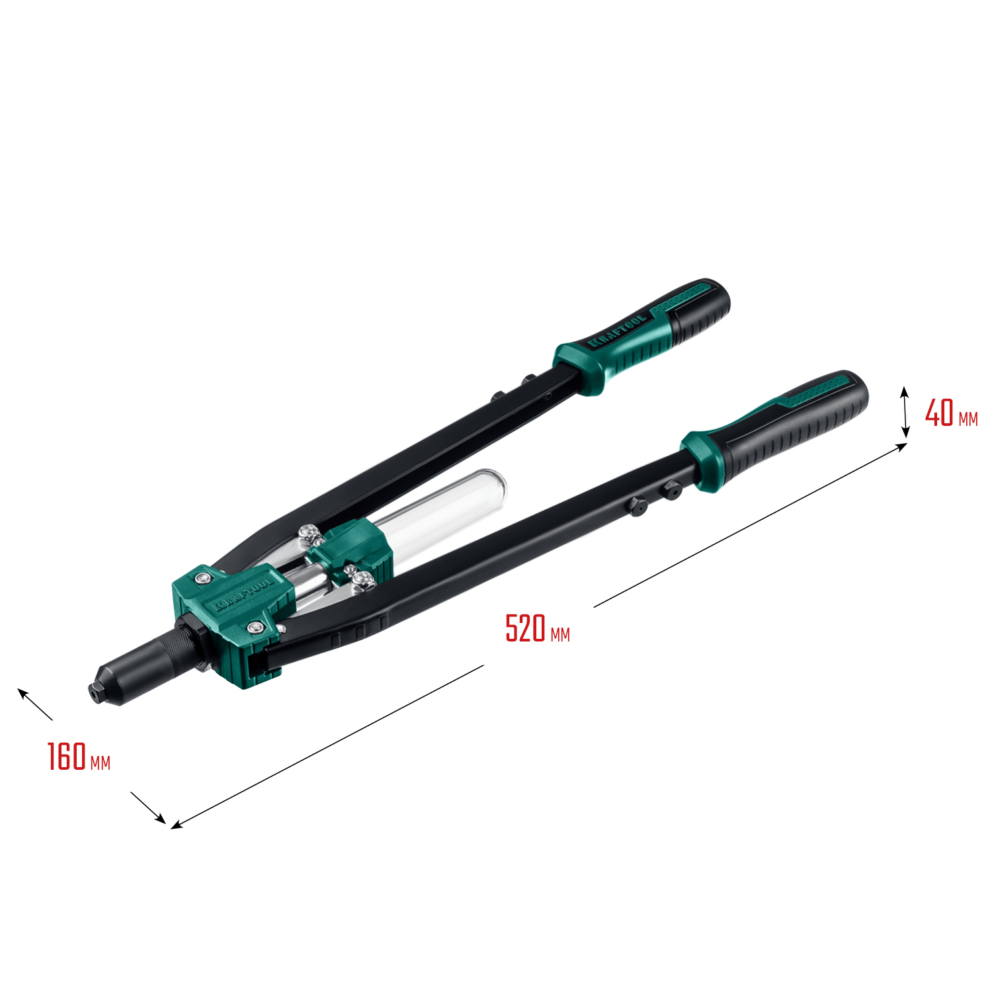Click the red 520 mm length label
[x=537, y=629]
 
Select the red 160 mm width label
[x=78, y=757]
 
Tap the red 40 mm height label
[x=950, y=413]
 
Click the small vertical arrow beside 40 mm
[x=905, y=412]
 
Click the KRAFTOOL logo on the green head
[x=243, y=595]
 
